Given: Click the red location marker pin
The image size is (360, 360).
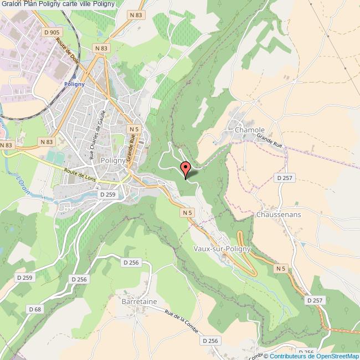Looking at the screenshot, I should pyautogui.click(x=186, y=168).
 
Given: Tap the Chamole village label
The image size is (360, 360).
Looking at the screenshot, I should pyautogui.click(x=250, y=130).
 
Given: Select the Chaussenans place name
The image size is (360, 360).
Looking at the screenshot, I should pyautogui.click(x=279, y=214).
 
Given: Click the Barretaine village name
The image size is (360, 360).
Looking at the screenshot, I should pyautogui.click(x=139, y=301).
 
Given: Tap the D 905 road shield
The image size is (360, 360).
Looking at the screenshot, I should pyautogui.click(x=52, y=33).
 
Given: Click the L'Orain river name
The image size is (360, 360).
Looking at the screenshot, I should pyautogui.click(x=21, y=186).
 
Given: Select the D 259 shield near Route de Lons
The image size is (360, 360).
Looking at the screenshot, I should pyautogui.click(x=107, y=194).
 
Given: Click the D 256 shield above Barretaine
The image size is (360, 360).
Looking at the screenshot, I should pyautogui.click(x=131, y=263).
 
